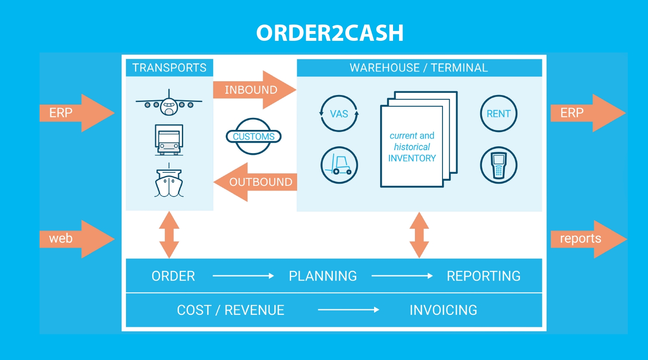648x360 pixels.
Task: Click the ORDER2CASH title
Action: click(x=330, y=33)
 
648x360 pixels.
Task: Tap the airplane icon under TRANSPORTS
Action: click(x=169, y=104)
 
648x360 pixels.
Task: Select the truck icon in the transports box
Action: click(x=169, y=139)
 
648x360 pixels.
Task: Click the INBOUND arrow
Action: click(x=254, y=90)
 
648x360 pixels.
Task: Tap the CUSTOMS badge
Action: click(x=254, y=136)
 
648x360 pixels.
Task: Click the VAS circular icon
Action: click(x=339, y=114)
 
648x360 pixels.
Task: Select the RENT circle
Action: click(x=498, y=114)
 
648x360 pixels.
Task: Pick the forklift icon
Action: click(x=339, y=165)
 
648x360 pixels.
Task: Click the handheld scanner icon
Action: click(x=498, y=165)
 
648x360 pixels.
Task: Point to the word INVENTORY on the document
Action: click(x=412, y=158)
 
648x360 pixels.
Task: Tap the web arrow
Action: click(x=75, y=239)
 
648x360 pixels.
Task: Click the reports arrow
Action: click(x=587, y=239)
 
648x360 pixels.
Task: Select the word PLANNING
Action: click(x=322, y=276)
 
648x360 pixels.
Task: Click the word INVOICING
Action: click(x=443, y=310)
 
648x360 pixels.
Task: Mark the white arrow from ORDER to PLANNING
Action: click(x=243, y=276)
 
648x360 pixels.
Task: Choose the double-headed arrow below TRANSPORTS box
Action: click(x=169, y=234)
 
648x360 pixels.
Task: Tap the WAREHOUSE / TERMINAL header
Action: click(x=419, y=68)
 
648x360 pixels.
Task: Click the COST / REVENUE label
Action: click(x=230, y=310)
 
